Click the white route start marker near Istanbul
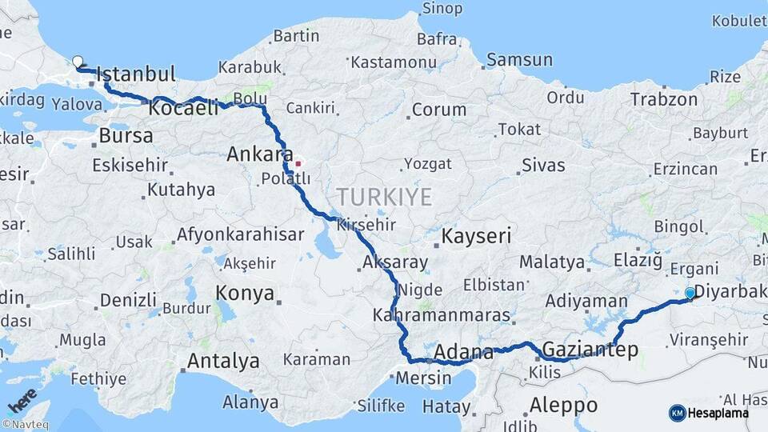tap(78, 62)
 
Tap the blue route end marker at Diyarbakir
tap(690, 294)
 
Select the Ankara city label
tap(257, 154)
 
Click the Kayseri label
tap(476, 235)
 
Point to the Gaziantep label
tap(590, 350)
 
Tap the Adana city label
tap(464, 352)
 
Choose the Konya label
tap(245, 294)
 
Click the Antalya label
tap(223, 362)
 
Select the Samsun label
tap(519, 59)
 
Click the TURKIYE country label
tap(384, 197)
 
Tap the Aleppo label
tap(563, 404)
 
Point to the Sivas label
tap(543, 166)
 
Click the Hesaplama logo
tap(709, 413)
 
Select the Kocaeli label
tap(183, 108)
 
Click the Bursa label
tap(126, 136)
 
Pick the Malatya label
tap(552, 262)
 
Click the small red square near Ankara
tap(298, 164)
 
